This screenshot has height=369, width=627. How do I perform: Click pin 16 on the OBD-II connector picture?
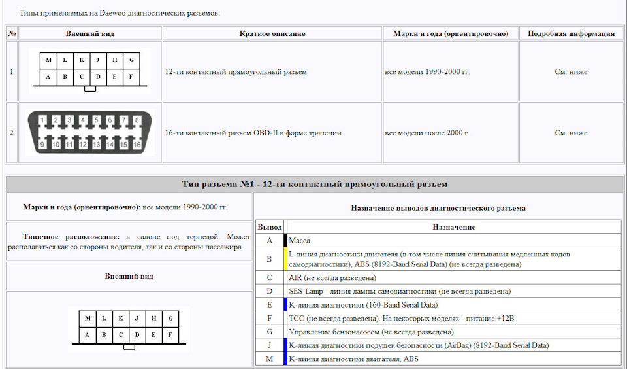[137, 145]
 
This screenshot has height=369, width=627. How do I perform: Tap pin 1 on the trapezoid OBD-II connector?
[43, 120]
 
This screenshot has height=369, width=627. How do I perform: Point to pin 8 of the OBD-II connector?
[137, 120]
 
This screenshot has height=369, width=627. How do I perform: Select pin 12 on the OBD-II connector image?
[83, 145]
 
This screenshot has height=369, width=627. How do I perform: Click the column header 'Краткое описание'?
[272, 33]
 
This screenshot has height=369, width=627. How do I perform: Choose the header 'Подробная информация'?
[571, 33]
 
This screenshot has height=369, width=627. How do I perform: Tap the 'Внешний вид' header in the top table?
[90, 33]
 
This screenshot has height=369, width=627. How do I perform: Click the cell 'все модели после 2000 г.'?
[427, 133]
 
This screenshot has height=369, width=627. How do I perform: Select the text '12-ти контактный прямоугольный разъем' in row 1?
[236, 72]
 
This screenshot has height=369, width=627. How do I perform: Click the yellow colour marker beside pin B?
[285, 259]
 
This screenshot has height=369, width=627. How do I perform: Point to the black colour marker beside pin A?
[285, 240]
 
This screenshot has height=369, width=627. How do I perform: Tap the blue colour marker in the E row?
[285, 304]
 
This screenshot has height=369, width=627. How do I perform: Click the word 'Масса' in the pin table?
[300, 241]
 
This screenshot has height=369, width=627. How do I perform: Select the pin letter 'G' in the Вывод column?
[270, 332]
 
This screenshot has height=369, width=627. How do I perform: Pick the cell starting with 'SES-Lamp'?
[400, 291]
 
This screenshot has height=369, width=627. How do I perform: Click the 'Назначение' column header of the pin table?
[454, 227]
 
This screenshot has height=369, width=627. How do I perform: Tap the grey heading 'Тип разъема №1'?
[314, 184]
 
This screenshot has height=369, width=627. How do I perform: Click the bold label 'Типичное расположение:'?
[71, 237]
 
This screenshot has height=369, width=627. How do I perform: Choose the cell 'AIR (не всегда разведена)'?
[332, 277]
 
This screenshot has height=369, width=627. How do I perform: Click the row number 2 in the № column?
[11, 133]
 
